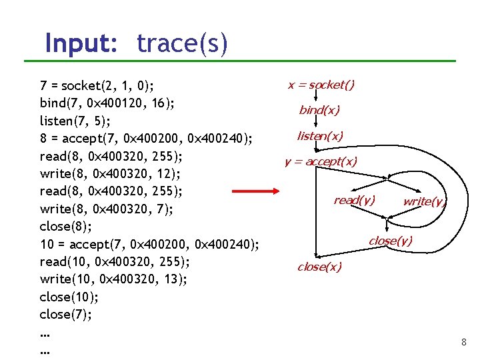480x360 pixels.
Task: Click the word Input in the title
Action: pyautogui.click(x=81, y=44)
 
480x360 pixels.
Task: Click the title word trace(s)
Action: pyautogui.click(x=182, y=44)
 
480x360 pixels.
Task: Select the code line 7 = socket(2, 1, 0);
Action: pyautogui.click(x=97, y=86)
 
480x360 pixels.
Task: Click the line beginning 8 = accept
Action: pyautogui.click(x=146, y=139)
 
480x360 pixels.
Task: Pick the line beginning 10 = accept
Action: pyautogui.click(x=149, y=244)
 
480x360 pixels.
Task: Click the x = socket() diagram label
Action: pyautogui.click(x=321, y=85)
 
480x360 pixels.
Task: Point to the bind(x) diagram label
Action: pyautogui.click(x=319, y=110)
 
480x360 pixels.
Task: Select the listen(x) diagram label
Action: pyautogui.click(x=320, y=136)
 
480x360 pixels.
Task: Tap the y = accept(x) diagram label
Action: pyautogui.click(x=321, y=161)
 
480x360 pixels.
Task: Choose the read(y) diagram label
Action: pyautogui.click(x=354, y=200)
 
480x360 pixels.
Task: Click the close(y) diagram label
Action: pyautogui.click(x=391, y=241)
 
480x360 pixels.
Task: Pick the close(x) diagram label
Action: pyautogui.click(x=319, y=267)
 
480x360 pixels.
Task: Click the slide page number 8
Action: pyautogui.click(x=463, y=343)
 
